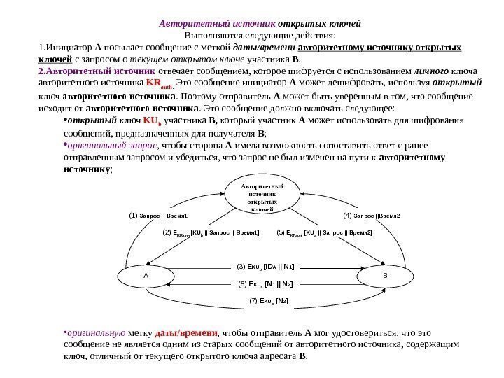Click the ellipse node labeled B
click(x=384, y=276)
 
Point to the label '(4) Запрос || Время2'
click(x=372, y=216)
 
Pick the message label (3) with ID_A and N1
click(x=265, y=267)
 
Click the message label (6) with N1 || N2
click(x=265, y=285)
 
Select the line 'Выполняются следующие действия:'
click(x=260, y=34)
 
